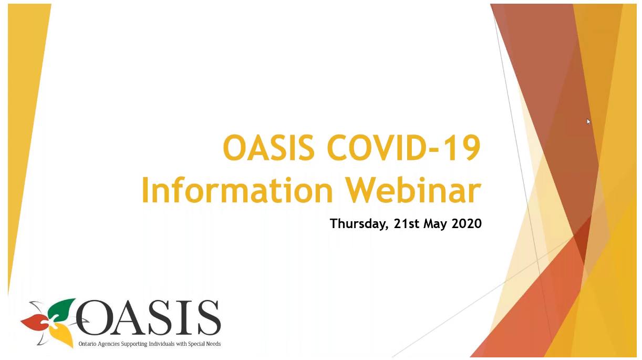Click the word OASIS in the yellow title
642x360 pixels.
269,148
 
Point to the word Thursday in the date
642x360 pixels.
359,224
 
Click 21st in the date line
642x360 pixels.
407,223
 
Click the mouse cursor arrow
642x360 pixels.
588,121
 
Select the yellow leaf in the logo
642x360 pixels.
61,335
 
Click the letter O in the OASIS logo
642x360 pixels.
94,317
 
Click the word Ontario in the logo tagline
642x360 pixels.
87,344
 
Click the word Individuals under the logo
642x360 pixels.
162,344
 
